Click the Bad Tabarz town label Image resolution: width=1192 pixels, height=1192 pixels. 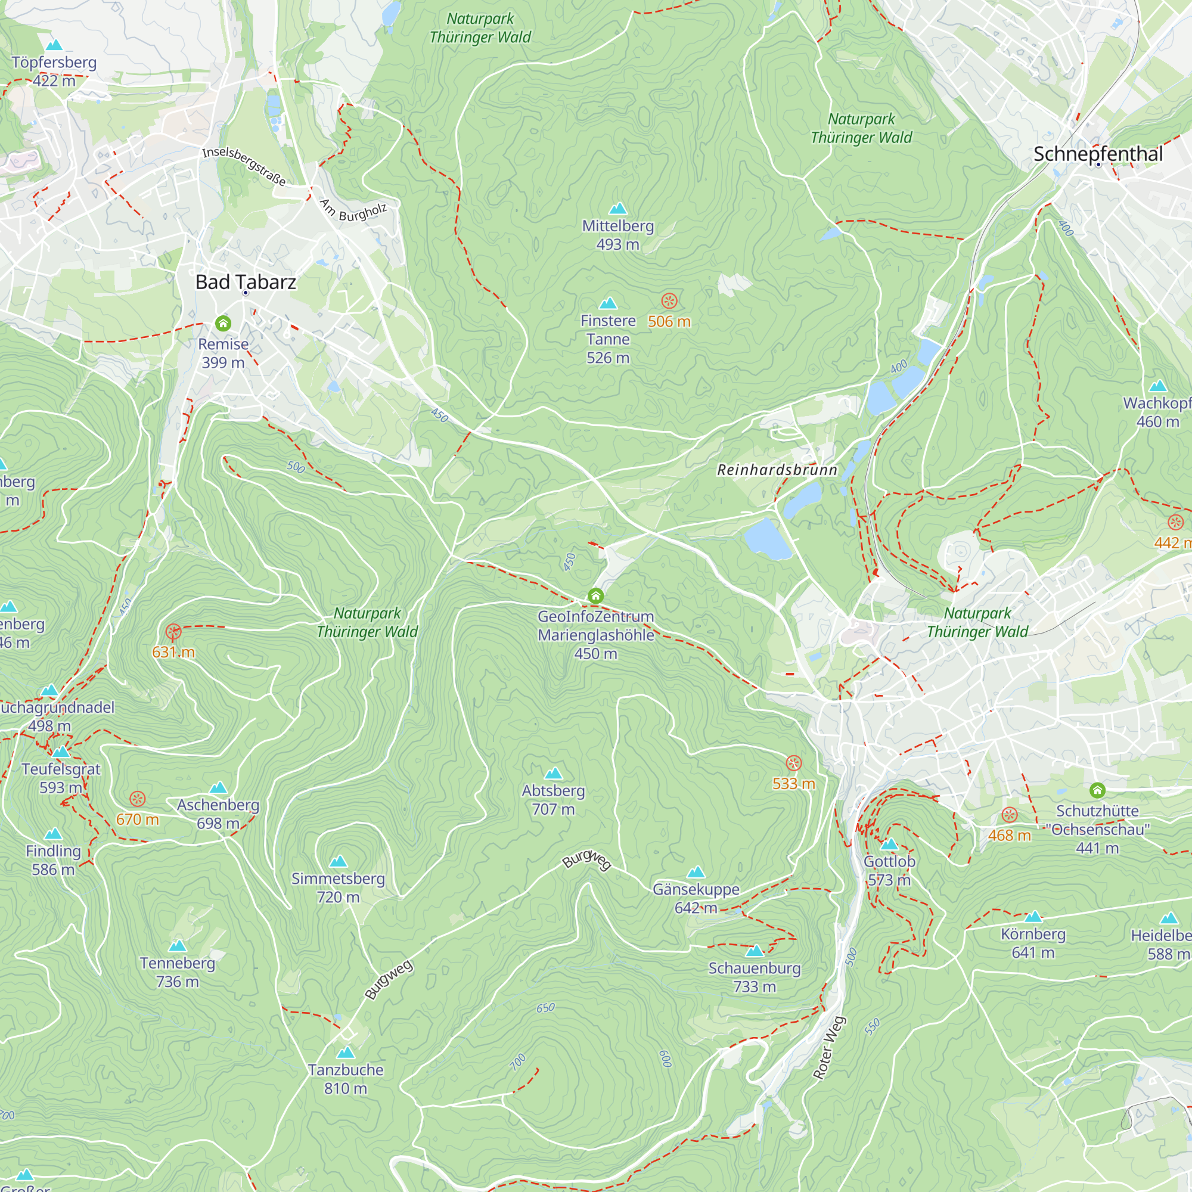tap(246, 282)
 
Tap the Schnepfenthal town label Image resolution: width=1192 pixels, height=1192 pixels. tap(1098, 154)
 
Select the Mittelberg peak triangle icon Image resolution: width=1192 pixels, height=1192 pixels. tap(617, 209)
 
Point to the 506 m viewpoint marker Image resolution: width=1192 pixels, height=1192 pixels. tap(669, 301)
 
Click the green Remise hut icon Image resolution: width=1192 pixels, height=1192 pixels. tap(223, 323)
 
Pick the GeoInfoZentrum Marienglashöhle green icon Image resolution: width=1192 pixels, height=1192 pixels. tap(595, 595)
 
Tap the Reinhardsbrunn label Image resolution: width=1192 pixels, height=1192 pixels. tap(777, 470)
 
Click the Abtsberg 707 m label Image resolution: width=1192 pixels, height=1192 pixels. tap(554, 800)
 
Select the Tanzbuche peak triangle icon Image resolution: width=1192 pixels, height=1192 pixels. tap(346, 1053)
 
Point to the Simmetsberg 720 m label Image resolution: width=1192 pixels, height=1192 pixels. tap(338, 887)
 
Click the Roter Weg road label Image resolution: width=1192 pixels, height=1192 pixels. tap(829, 1048)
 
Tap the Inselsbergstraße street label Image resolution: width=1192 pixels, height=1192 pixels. tap(244, 166)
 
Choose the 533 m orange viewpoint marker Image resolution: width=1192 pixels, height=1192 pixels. tap(793, 763)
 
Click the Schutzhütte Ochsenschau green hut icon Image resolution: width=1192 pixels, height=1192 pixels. tap(1097, 790)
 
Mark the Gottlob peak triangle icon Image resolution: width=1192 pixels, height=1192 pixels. tap(889, 844)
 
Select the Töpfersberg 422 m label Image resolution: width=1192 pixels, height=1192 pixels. tap(54, 71)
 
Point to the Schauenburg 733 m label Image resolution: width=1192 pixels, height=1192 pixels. tap(754, 977)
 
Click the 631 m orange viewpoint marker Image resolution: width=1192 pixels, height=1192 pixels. tap(173, 632)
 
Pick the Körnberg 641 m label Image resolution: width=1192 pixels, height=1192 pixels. tap(1033, 943)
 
